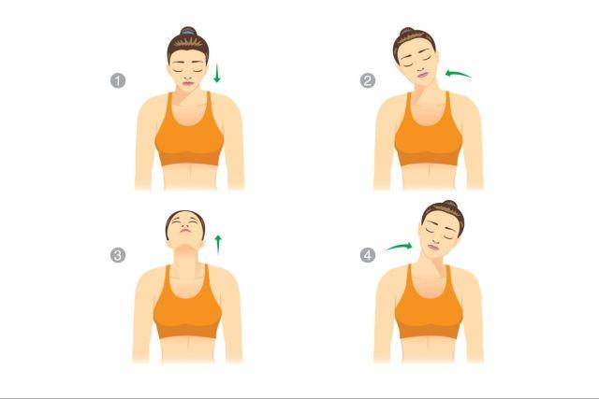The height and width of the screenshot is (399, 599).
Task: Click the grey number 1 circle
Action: [x=118, y=81]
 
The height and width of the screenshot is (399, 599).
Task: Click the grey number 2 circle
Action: [x=368, y=81]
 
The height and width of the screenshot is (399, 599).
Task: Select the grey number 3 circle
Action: [x=118, y=255]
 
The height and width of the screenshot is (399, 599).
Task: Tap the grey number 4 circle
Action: [x=368, y=255]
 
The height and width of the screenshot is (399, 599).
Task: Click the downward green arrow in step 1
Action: [x=217, y=73]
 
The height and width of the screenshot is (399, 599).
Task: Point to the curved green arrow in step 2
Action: [x=458, y=73]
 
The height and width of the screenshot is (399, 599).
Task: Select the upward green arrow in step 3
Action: [x=218, y=245]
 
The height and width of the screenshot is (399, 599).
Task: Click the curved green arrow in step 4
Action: [x=400, y=247]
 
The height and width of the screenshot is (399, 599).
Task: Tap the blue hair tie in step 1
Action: [x=188, y=33]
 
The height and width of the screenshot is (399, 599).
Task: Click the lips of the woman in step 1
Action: [x=188, y=83]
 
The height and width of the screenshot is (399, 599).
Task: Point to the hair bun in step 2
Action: [x=406, y=32]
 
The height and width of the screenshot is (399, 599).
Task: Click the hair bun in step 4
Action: [x=449, y=205]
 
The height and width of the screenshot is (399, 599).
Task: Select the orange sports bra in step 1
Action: [x=189, y=133]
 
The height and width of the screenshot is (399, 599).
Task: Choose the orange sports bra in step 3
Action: [x=187, y=306]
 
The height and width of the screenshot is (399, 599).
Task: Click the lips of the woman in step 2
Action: [x=422, y=75]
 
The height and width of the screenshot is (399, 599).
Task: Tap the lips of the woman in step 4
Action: [x=433, y=247]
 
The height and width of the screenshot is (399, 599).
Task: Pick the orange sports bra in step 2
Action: [x=429, y=133]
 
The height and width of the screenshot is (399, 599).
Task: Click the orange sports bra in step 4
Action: [x=429, y=306]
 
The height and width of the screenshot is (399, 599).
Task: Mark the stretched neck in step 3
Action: [x=186, y=260]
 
